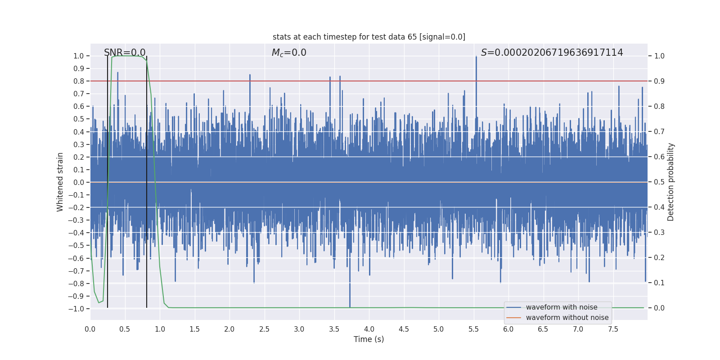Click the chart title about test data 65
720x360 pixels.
[369, 37]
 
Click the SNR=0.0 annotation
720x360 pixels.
[125, 53]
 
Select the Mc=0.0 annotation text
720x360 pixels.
[289, 53]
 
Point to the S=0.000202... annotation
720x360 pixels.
[552, 53]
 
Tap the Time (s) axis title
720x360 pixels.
[369, 339]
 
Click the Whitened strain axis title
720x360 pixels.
[60, 182]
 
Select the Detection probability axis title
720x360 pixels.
[670, 182]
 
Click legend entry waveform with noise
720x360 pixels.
[561, 307]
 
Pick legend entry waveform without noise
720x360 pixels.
[567, 318]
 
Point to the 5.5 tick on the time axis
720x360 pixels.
[473, 329]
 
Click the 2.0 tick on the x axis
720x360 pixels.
[229, 329]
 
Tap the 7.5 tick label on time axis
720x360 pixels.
[613, 329]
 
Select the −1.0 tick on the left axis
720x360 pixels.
[76, 309]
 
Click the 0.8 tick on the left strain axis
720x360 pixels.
[79, 81]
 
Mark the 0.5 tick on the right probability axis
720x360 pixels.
[659, 182]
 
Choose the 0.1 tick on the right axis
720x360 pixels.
[659, 283]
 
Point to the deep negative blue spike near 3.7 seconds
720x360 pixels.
[350, 297]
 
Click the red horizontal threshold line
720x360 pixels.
[315, 81]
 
